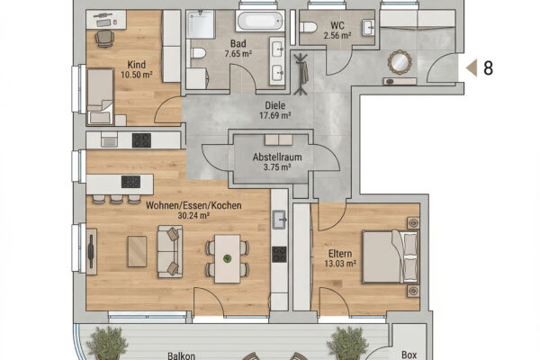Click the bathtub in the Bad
tap(260, 21)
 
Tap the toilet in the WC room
tap(308, 27)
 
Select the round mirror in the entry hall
tap(400, 62)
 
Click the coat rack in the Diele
tap(301, 74)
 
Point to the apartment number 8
tap(489, 67)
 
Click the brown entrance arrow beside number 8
tap(472, 67)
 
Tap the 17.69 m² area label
tap(275, 115)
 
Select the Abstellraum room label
tap(277, 157)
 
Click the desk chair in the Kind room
tap(104, 38)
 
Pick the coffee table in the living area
tap(137, 251)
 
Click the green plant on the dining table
tap(228, 258)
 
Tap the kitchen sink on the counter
tap(279, 220)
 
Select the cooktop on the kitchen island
tap(130, 182)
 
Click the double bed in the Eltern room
tap(391, 257)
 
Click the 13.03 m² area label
tap(340, 264)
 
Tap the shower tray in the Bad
tap(201, 24)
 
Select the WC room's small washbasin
tap(368, 28)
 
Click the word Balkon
tap(181, 355)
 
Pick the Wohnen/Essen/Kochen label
tap(193, 205)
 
